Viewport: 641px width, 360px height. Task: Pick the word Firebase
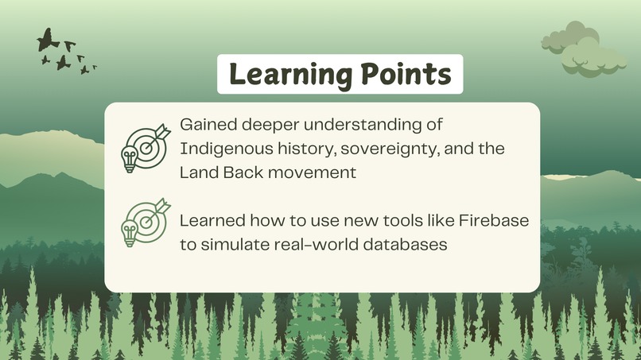492,221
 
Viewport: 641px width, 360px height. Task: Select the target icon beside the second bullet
149,219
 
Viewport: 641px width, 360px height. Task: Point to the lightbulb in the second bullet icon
128,233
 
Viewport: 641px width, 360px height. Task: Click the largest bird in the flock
49,39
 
